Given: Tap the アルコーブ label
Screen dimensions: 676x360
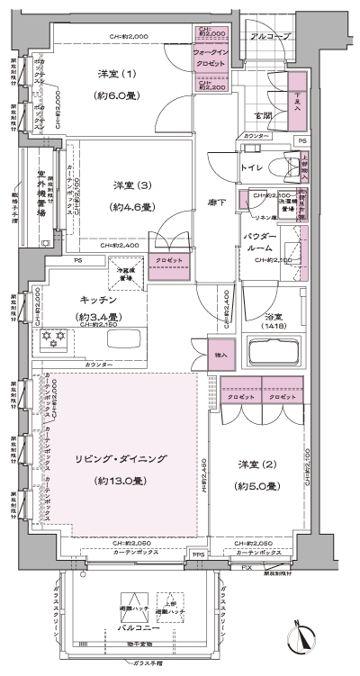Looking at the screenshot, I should pyautogui.click(x=267, y=37).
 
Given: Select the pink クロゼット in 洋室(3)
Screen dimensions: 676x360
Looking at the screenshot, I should pyautogui.click(x=167, y=267).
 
